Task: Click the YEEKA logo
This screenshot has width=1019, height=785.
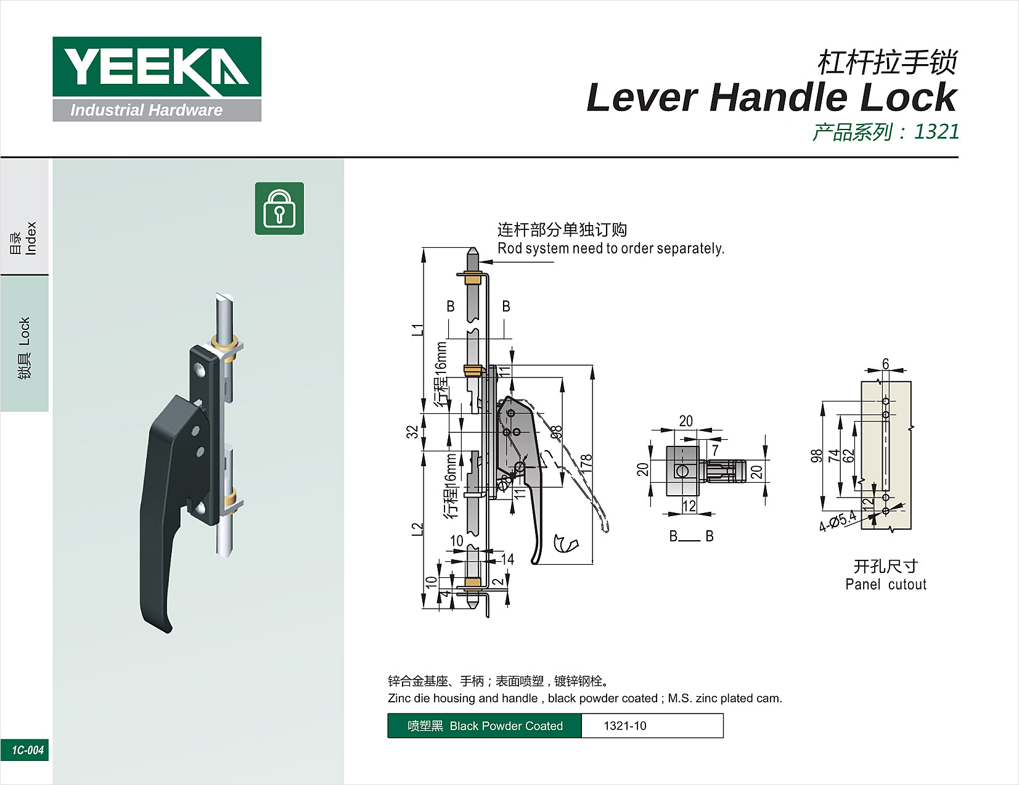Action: [x=157, y=67]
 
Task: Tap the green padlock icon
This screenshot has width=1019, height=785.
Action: [x=279, y=208]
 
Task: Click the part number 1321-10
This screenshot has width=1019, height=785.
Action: [x=624, y=726]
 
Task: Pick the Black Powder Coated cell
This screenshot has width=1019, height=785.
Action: [x=485, y=726]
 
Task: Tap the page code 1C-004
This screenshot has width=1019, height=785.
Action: [x=27, y=750]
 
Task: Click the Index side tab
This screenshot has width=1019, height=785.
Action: [x=24, y=238]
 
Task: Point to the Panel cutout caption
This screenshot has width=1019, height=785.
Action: [x=885, y=584]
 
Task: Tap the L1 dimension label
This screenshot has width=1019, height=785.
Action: [x=417, y=329]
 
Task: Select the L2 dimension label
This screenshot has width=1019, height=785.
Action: [x=417, y=529]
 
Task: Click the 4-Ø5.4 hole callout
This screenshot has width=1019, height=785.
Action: [x=838, y=521]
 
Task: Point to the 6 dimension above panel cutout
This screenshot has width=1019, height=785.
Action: [x=885, y=364]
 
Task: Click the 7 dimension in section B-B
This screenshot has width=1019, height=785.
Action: [x=715, y=450]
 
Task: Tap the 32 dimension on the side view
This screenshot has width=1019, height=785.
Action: [x=412, y=431]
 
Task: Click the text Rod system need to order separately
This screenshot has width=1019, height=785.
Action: [x=610, y=249]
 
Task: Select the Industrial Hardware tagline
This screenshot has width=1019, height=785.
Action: [x=146, y=110]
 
